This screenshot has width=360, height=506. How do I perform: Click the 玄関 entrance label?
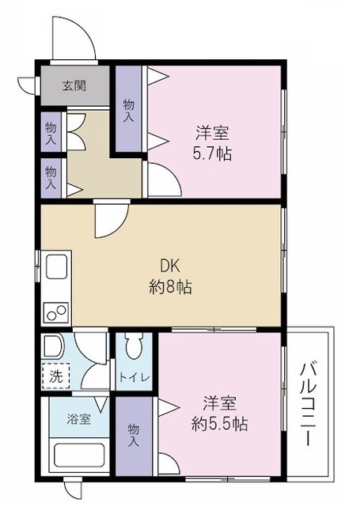pos(74,86)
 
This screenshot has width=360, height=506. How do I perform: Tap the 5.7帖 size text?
pos(212,153)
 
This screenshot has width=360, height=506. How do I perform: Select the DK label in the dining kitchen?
pos(169,267)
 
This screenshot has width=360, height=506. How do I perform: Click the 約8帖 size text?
pos(170,286)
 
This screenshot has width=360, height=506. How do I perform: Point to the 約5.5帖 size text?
pos(219,424)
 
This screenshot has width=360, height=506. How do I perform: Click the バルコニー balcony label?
pos(308,404)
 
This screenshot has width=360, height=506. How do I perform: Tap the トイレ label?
pos(135,377)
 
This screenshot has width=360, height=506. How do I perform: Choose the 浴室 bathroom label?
pos(79,419)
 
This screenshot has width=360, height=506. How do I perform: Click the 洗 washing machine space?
pos(56,376)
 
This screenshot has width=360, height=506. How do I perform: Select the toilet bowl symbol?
pos(135,346)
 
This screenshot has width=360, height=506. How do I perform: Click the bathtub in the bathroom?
pos(79,455)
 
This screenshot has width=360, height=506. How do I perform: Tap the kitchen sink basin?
pos(56,266)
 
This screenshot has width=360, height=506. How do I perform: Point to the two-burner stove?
pos(57,312)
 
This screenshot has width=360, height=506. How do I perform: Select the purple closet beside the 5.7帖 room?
pos(129,108)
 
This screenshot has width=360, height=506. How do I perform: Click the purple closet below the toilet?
pos(134,436)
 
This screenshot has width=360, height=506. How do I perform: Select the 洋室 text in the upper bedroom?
pos(212,133)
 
